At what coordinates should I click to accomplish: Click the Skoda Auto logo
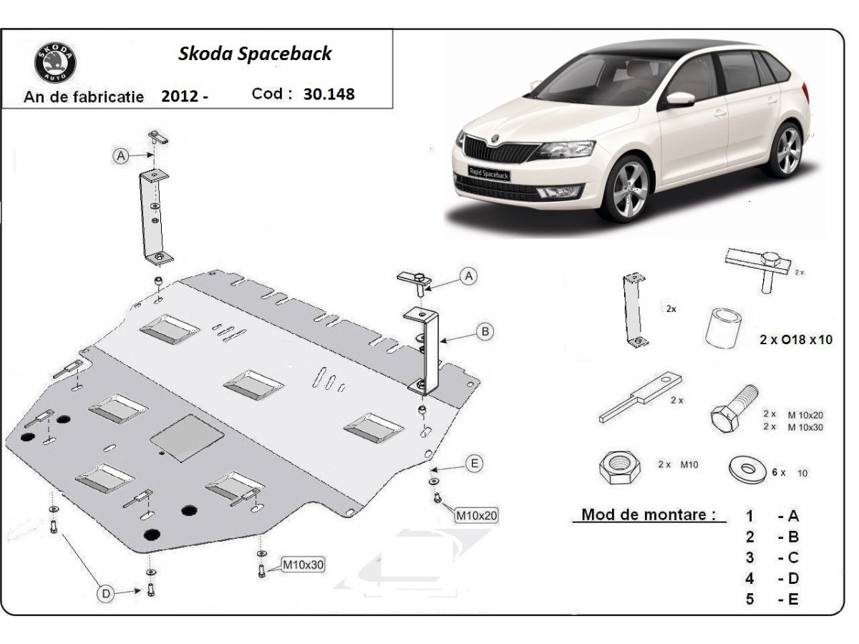[55, 62]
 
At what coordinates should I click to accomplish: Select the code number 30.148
[329, 94]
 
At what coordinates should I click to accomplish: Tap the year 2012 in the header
[179, 96]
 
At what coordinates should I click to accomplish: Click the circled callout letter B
[485, 331]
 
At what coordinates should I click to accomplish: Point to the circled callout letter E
[473, 464]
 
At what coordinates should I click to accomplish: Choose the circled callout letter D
[106, 593]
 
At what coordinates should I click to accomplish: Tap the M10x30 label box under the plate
[303, 565]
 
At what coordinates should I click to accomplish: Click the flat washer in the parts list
[748, 469]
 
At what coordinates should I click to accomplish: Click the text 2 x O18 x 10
[796, 340]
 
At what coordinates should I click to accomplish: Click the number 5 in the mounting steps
[749, 599]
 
